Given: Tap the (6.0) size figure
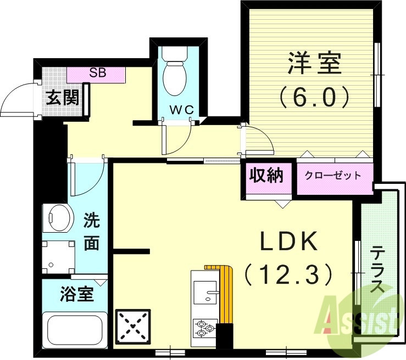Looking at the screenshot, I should click(314, 98).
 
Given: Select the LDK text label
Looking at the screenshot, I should click(288, 241).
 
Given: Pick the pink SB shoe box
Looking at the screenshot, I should click(97, 73).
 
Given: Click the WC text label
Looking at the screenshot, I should click(181, 110).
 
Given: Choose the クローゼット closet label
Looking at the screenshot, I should click(333, 176).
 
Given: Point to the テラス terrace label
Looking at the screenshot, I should click(378, 270).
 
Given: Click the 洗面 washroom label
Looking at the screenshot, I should click(91, 232).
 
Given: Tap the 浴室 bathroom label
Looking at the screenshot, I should click(76, 294).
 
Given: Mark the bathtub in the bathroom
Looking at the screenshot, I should click(76, 329).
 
